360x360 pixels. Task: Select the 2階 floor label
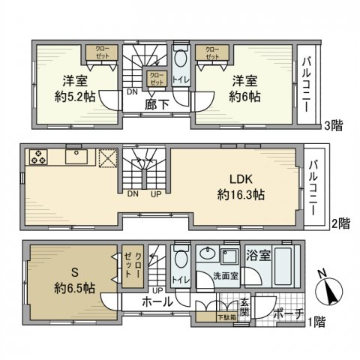coord(340,223)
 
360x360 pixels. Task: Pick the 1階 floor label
coord(317,322)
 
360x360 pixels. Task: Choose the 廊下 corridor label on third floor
coord(156,106)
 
